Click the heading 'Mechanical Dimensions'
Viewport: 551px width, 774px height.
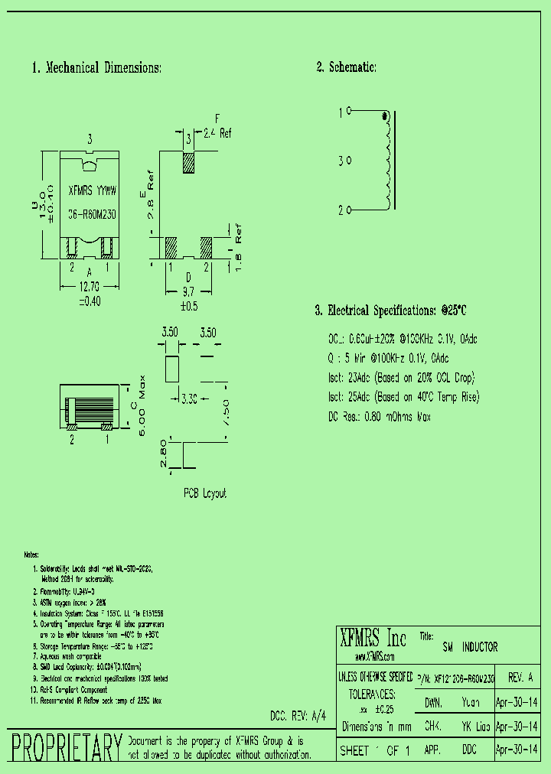coord(96,68)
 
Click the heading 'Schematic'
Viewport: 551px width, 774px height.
coord(346,67)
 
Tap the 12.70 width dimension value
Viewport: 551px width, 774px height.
coord(90,287)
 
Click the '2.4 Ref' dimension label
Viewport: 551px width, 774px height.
coord(217,133)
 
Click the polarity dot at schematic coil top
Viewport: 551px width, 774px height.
coord(384,116)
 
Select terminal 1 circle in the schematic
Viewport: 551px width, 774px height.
coord(348,112)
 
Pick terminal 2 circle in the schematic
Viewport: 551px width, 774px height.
coord(348,208)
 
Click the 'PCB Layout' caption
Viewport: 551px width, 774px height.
coord(204,493)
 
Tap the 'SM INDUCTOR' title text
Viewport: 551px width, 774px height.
coord(470,647)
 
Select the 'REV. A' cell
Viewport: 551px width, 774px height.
coord(522,678)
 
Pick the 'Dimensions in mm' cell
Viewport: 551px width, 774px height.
coord(377,727)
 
